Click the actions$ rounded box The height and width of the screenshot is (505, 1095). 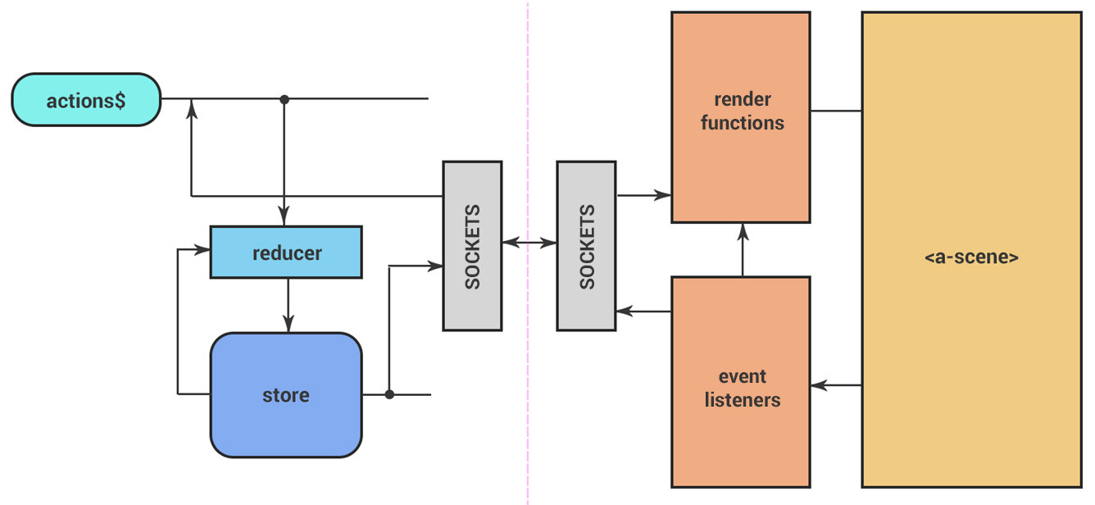(86, 100)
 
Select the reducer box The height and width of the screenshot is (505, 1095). (286, 252)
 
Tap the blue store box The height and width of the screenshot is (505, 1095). (286, 395)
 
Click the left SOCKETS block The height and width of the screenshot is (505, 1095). (472, 246)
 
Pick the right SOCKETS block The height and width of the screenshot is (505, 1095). (586, 246)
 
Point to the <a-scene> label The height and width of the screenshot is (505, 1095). (971, 257)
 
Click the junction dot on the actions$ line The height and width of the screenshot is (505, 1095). (284, 99)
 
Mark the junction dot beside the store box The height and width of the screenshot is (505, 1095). (389, 394)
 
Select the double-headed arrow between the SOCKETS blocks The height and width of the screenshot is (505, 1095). (529, 243)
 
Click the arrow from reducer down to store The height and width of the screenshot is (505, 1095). (287, 305)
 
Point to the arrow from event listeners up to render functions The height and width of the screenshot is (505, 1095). (743, 251)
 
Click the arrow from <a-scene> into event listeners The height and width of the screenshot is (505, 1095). (836, 384)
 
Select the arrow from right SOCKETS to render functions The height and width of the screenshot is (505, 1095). (644, 195)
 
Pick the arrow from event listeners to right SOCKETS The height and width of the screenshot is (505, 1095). (644, 312)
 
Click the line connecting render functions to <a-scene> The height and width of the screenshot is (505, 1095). (836, 111)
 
